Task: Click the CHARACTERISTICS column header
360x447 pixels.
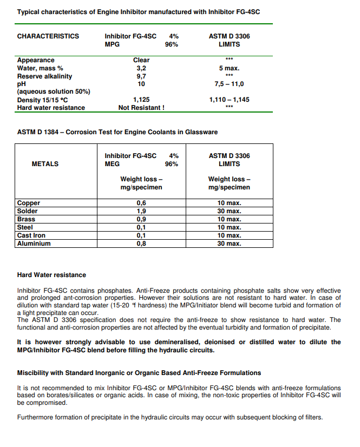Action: point(48,36)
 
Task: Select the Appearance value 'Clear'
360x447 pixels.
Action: point(141,60)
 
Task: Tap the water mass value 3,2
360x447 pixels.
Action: point(141,68)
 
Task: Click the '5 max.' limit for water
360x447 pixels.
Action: point(229,68)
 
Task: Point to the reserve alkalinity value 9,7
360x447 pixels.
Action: point(141,76)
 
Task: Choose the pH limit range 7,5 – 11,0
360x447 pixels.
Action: point(229,84)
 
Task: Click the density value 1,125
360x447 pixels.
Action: point(141,100)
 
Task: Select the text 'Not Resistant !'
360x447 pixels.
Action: point(141,108)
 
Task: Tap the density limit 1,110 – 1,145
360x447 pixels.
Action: point(229,100)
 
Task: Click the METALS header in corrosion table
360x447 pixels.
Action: point(45,163)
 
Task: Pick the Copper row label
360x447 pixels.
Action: point(29,203)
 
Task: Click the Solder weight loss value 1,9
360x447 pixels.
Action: point(141,211)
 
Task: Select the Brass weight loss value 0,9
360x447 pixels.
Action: point(141,219)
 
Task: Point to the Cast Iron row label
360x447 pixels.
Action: point(31,235)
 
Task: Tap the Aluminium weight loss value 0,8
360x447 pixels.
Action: point(141,244)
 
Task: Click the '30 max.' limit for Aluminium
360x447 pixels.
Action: point(229,244)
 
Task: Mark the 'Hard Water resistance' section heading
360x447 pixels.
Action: point(51,275)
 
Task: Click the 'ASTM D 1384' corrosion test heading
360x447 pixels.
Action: point(117,132)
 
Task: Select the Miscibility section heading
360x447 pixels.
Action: point(139,373)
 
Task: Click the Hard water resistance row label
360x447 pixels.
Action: point(51,108)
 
